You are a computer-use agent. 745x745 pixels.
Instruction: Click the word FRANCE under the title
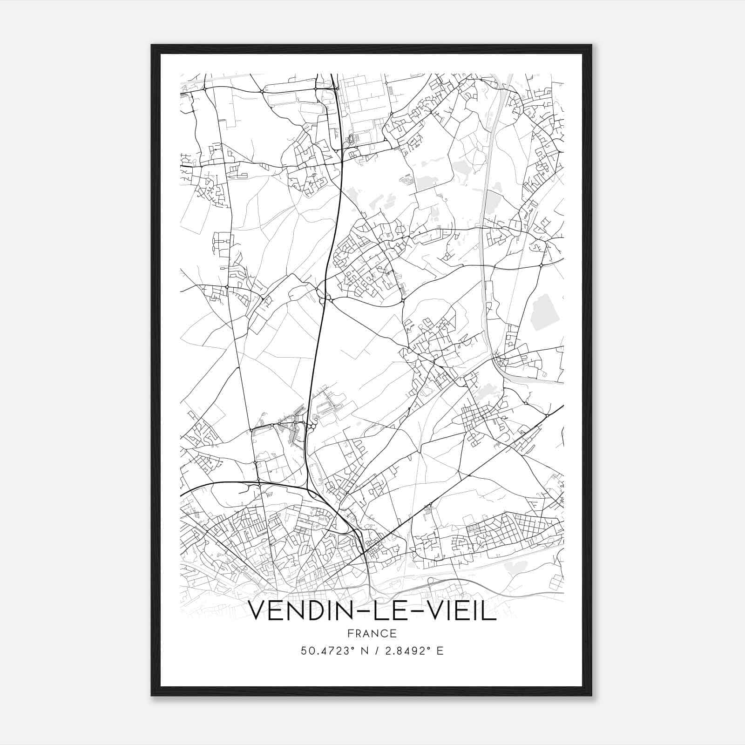[372, 633]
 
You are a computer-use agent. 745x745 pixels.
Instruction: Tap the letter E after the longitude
[440, 650]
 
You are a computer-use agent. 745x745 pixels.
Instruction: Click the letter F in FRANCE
[351, 633]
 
